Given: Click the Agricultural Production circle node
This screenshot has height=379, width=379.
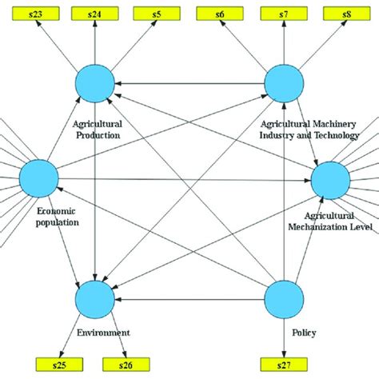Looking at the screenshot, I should point(95,82).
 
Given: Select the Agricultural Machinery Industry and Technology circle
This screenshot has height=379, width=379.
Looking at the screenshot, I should point(284,82).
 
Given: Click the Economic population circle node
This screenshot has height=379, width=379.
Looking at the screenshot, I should point(38,178).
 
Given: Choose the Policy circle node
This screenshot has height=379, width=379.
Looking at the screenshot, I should point(284,298).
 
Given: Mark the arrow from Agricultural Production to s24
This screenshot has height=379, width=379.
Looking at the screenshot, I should point(95,43).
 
